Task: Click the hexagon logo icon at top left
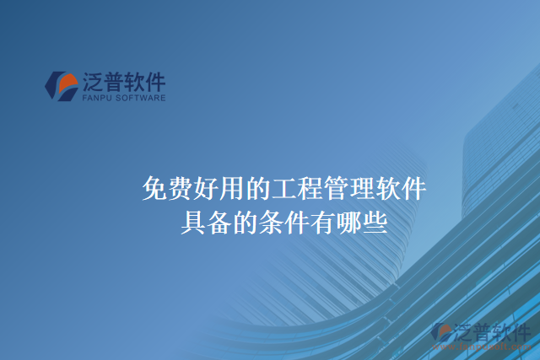(60, 86)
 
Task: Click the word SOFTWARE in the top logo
(141, 98)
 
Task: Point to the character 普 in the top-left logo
(115, 82)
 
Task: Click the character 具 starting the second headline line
(192, 222)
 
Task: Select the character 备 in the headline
(215, 222)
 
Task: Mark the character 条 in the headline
(262, 222)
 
